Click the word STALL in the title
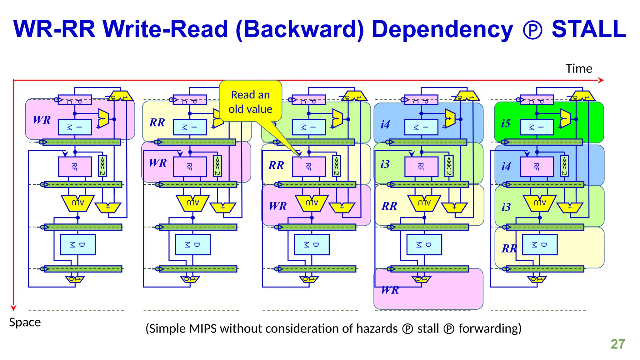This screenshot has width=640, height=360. (589, 29)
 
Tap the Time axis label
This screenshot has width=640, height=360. (579, 69)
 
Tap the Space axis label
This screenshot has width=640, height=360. (25, 322)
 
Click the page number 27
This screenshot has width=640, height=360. (617, 344)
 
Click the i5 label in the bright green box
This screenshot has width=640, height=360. (506, 123)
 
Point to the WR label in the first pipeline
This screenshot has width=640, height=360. (42, 120)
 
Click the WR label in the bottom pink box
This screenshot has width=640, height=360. (390, 290)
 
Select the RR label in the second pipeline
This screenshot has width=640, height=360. (157, 122)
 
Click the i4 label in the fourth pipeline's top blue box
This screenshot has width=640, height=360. (385, 125)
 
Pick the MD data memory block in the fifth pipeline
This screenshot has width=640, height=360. (539, 245)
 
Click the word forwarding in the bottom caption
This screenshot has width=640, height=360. (490, 329)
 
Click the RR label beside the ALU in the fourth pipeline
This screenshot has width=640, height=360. (389, 206)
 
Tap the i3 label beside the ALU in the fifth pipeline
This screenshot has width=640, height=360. (506, 207)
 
